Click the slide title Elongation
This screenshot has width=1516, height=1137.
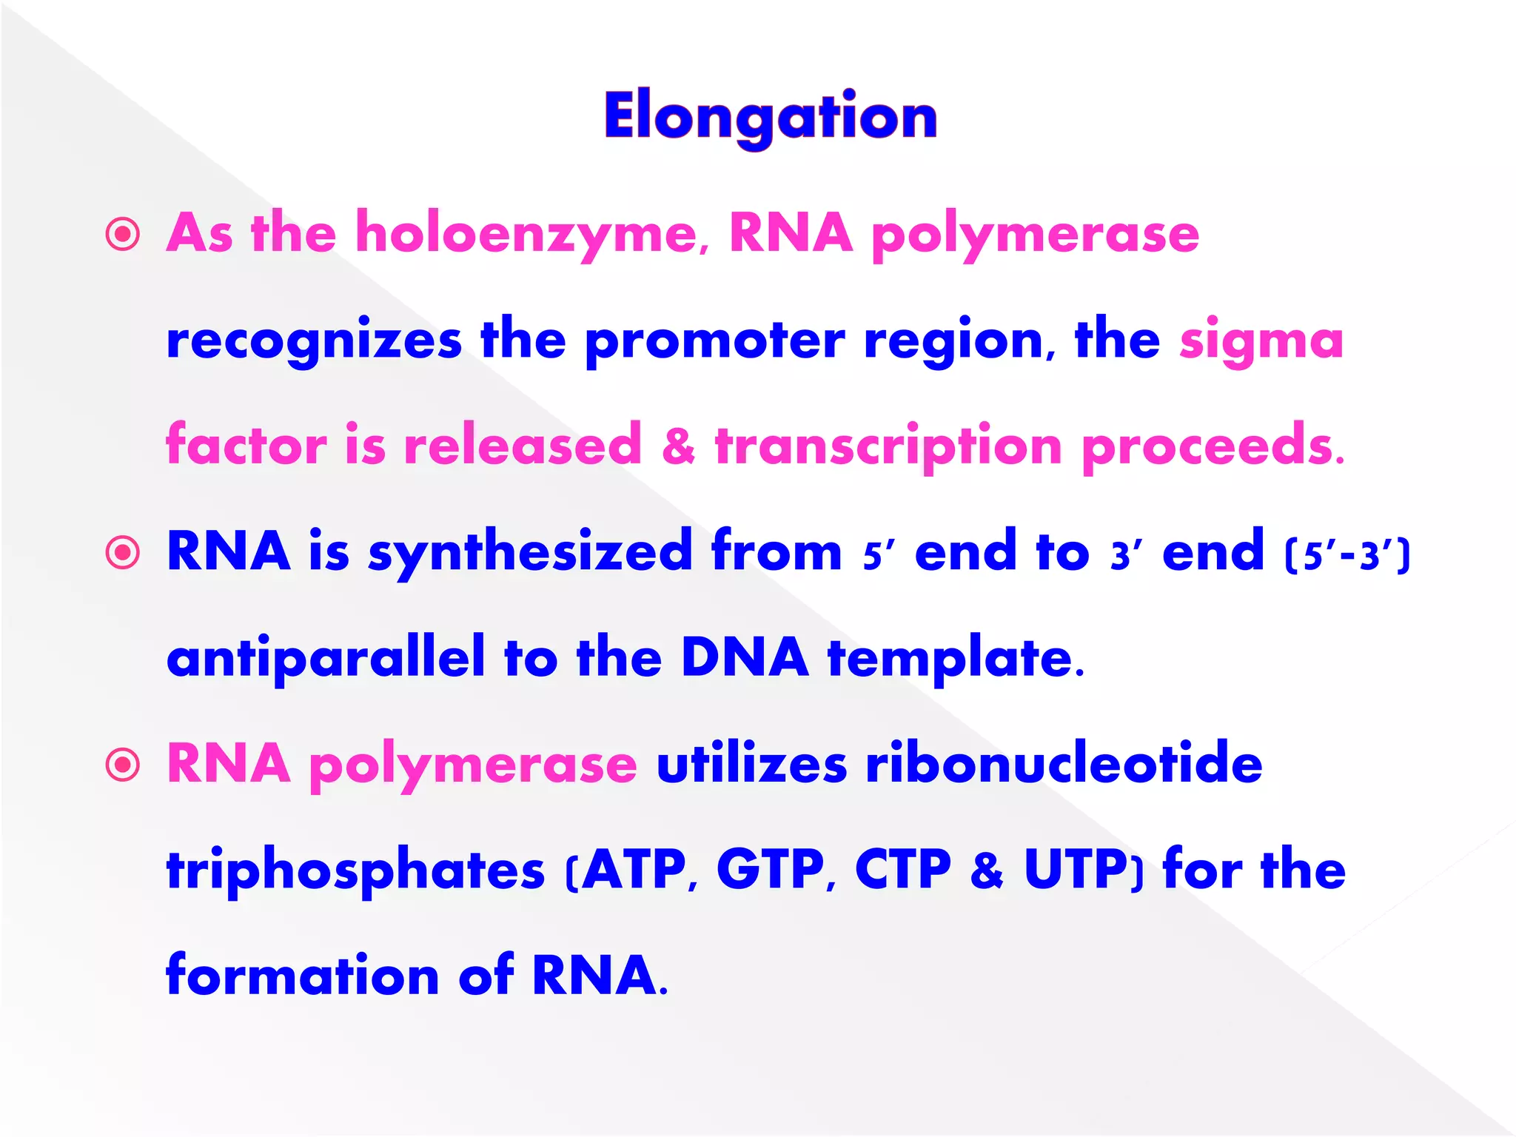pos(771,117)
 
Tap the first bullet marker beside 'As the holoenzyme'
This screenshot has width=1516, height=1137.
pos(123,235)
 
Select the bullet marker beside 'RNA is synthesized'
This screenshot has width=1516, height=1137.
pos(123,552)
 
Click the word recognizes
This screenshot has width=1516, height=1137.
pos(314,341)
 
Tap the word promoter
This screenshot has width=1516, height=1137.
pos(714,341)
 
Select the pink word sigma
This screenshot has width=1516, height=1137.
pos(1261,341)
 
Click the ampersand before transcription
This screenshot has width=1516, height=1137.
pos(678,446)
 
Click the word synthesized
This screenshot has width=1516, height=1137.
pos(530,553)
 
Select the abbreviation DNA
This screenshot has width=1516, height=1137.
pos(745,657)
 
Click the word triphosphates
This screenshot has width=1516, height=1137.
pos(355,871)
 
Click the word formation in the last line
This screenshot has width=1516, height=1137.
pos(303,976)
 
